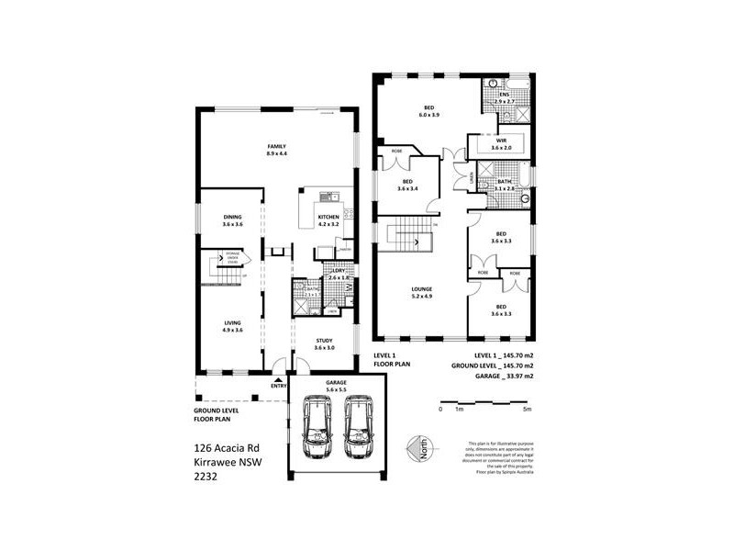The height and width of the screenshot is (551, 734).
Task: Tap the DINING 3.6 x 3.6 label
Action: click(231, 220)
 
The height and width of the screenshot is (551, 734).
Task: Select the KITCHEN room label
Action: click(328, 220)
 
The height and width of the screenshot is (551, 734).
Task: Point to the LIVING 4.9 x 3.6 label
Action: click(231, 325)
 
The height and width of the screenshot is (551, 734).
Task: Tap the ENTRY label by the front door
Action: click(278, 386)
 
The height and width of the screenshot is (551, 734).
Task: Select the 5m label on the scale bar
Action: click(526, 410)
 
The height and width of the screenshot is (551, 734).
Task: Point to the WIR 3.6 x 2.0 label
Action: click(499, 144)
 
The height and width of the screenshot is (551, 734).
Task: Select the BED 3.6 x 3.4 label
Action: click(408, 186)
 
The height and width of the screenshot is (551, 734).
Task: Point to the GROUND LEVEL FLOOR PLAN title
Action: click(217, 413)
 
